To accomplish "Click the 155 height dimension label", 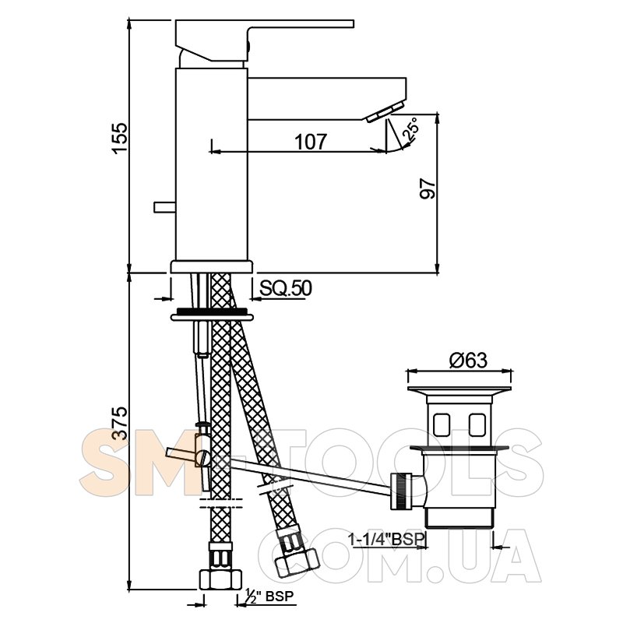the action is point(120,138).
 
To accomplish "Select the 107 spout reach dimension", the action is point(311,142).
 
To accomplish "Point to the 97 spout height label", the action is point(428,188).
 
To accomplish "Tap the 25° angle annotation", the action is point(411,128).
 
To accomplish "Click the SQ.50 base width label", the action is point(286,288).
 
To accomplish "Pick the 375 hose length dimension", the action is point(120,423).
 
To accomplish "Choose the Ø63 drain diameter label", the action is point(468,361).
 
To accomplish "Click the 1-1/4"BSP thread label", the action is point(387,540).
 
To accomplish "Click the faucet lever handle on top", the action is point(264,40).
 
